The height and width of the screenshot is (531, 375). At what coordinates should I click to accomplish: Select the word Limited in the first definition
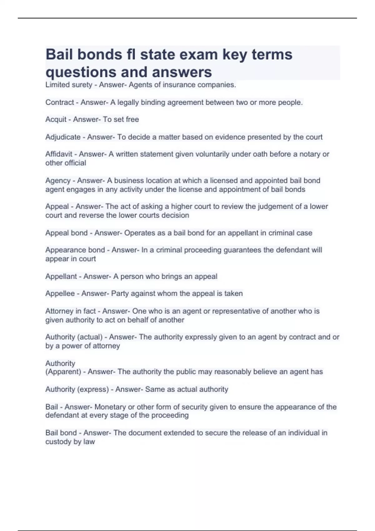[57, 85]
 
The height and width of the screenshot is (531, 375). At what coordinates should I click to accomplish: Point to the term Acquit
[56, 120]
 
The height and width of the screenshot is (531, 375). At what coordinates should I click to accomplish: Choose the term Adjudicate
[63, 137]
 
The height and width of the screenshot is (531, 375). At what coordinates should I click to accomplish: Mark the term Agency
[58, 181]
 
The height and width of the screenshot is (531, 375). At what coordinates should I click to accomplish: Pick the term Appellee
[60, 294]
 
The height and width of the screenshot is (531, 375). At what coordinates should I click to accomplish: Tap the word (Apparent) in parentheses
[63, 372]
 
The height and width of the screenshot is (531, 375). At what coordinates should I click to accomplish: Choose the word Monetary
[110, 407]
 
